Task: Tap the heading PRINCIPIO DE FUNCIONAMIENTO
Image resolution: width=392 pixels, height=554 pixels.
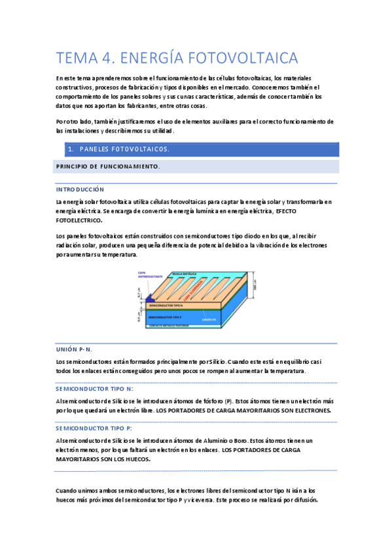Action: pyautogui.click(x=107, y=167)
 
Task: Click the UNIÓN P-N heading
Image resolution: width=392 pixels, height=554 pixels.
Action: pyautogui.click(x=74, y=350)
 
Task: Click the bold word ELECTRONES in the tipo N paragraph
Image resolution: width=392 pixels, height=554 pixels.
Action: pyautogui.click(x=308, y=411)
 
